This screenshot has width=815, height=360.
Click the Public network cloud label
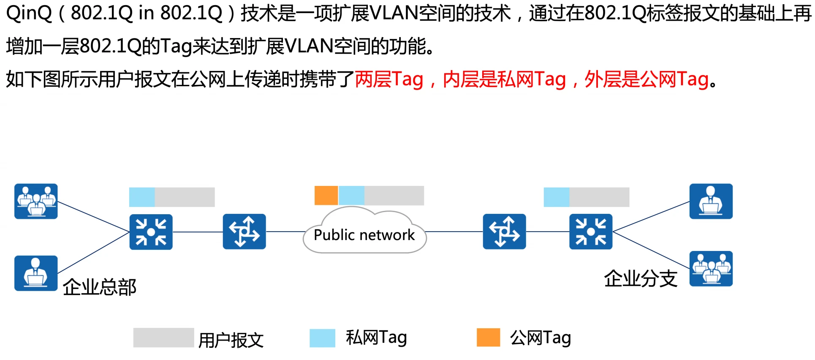(x=364, y=235)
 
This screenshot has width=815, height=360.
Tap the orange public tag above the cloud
(x=326, y=196)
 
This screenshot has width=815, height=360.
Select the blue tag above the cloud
(x=351, y=196)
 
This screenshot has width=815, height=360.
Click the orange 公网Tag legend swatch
(x=488, y=337)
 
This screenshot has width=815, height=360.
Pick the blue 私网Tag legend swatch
(x=322, y=338)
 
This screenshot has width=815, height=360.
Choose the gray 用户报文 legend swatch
(x=163, y=338)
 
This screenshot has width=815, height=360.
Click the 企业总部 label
(x=100, y=287)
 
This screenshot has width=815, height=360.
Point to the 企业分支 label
(x=641, y=279)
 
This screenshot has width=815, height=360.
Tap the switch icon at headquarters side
(x=151, y=232)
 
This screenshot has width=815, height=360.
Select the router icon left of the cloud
(x=244, y=232)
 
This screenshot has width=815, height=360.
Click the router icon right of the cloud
(x=504, y=232)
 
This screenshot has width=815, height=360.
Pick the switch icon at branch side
(x=590, y=232)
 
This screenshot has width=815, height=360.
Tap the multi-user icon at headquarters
(x=36, y=201)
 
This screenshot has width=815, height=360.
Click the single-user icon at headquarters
(x=36, y=273)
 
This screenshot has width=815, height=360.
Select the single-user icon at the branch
(x=711, y=201)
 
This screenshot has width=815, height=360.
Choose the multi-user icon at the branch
(x=711, y=269)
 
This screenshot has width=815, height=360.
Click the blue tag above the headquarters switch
(x=142, y=197)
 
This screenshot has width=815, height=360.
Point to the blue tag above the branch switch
(x=557, y=197)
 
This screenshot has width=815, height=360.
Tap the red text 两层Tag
(x=389, y=79)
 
